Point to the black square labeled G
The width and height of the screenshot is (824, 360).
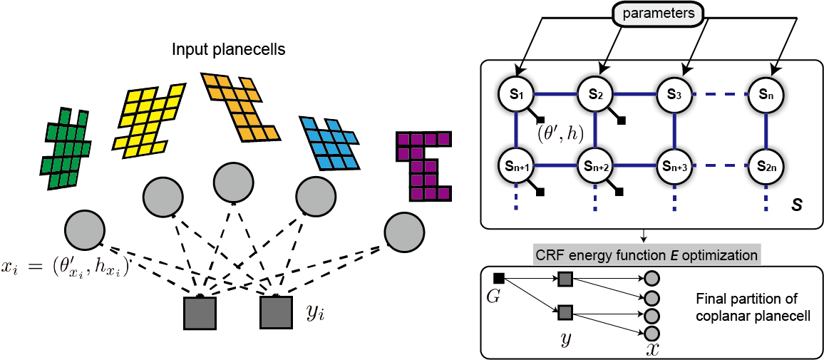[x=500, y=277]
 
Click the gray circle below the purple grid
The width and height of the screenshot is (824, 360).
[x=401, y=232]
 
